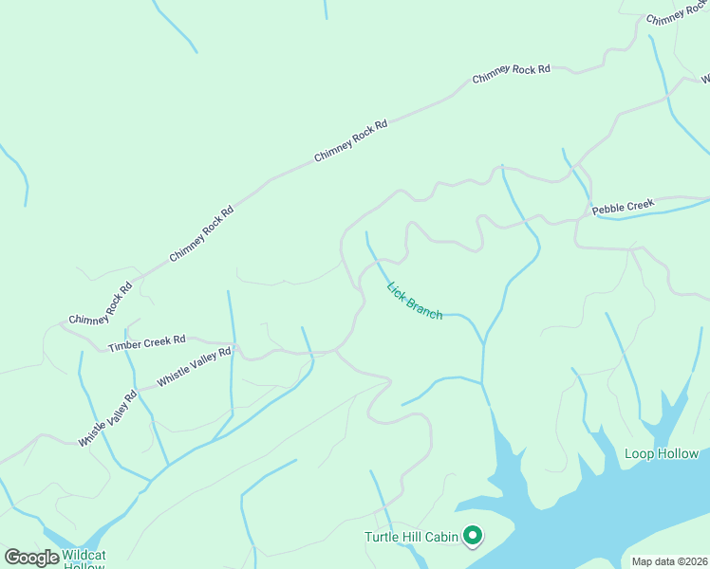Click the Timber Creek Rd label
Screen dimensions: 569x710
click(x=146, y=342)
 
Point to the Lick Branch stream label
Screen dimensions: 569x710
click(x=415, y=301)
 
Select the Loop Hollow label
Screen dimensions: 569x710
click(x=662, y=454)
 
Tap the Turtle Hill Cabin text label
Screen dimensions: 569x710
click(x=412, y=538)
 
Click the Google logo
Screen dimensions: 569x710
click(x=31, y=558)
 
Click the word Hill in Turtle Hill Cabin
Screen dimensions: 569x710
click(x=413, y=538)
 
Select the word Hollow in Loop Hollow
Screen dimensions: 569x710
click(x=677, y=454)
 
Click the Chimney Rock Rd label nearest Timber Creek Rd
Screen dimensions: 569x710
click(x=101, y=305)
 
